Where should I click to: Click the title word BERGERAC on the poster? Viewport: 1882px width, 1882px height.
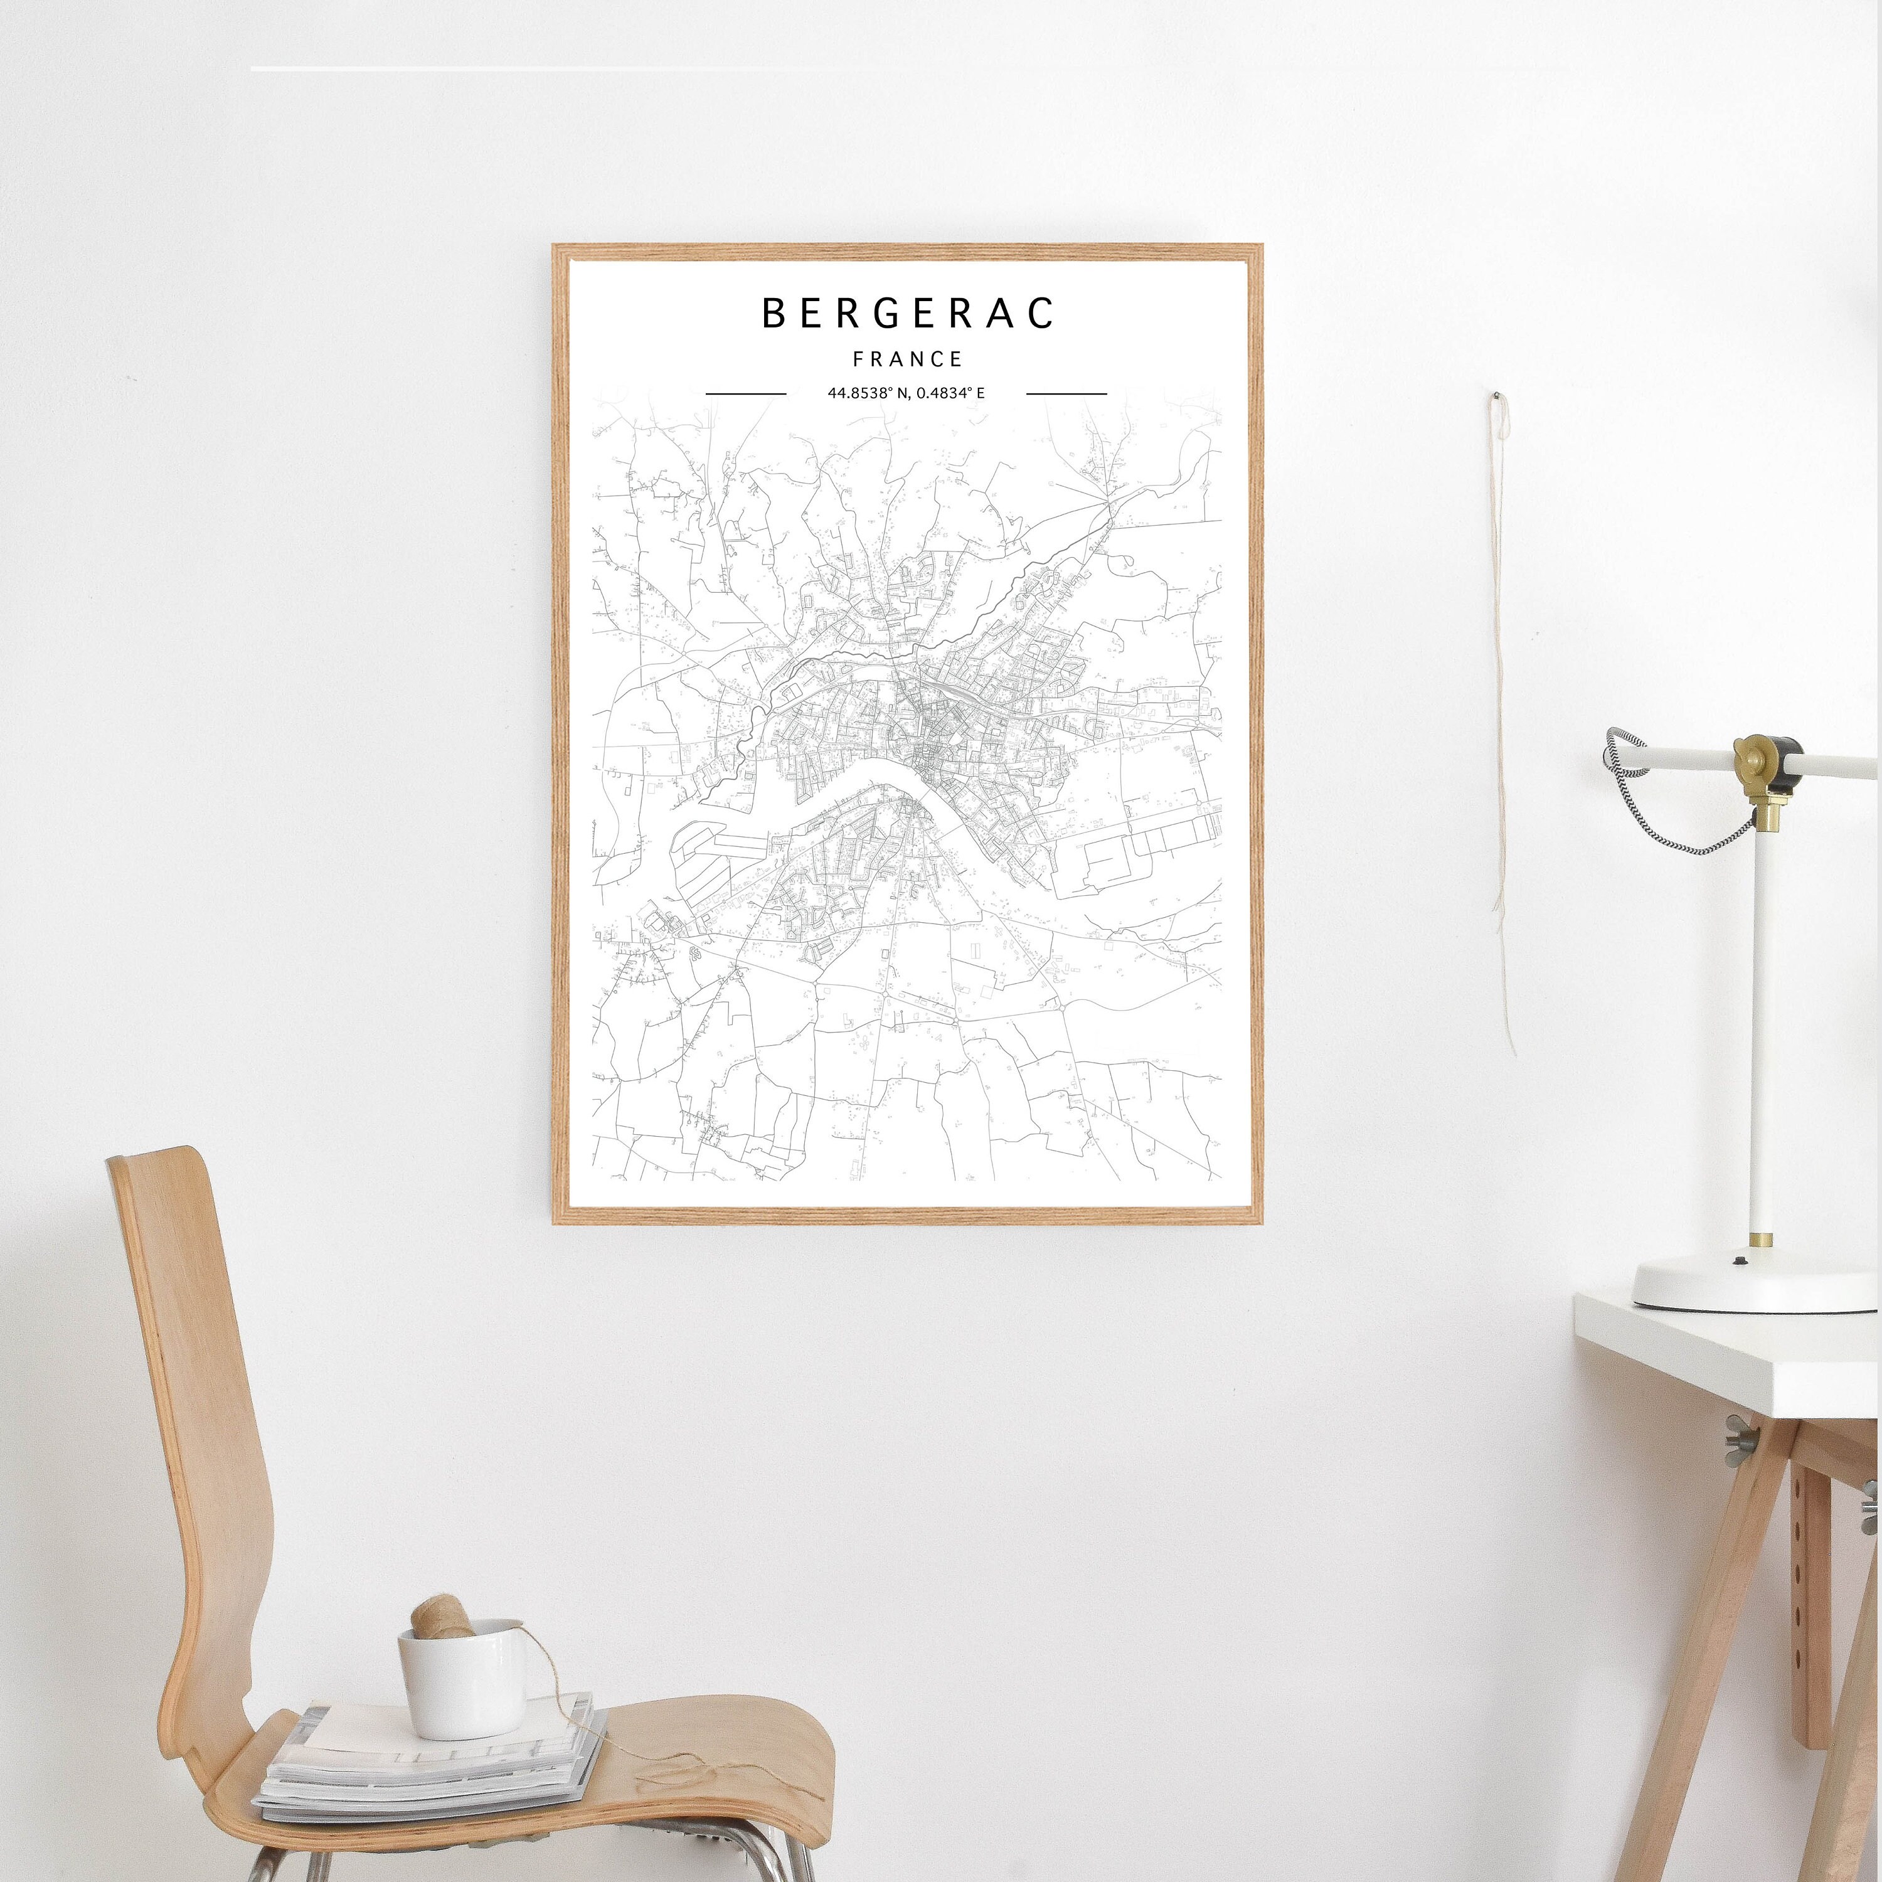pos(907,312)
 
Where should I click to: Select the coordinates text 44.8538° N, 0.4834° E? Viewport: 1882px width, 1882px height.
pos(906,393)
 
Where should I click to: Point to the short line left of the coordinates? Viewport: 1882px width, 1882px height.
pos(745,393)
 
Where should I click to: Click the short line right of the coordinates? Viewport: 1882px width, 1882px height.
pos(1066,393)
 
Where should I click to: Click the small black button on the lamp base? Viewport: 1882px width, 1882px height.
pos(1740,1260)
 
